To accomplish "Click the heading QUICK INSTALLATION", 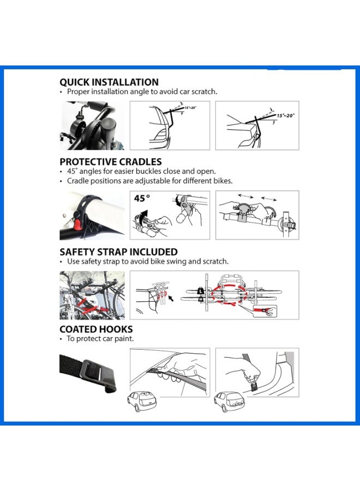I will pyautogui.click(x=109, y=82).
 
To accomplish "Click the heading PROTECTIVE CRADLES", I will pyautogui.click(x=111, y=161).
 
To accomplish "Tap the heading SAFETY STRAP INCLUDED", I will pyautogui.click(x=118, y=252).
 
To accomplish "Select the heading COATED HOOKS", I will pyautogui.click(x=96, y=329).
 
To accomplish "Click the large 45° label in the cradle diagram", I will pyautogui.click(x=143, y=199).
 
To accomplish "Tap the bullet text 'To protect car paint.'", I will pyautogui.click(x=100, y=339).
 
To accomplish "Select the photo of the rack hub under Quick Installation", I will pyautogui.click(x=92, y=125).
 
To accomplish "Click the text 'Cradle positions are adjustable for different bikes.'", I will pyautogui.click(x=149, y=181).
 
